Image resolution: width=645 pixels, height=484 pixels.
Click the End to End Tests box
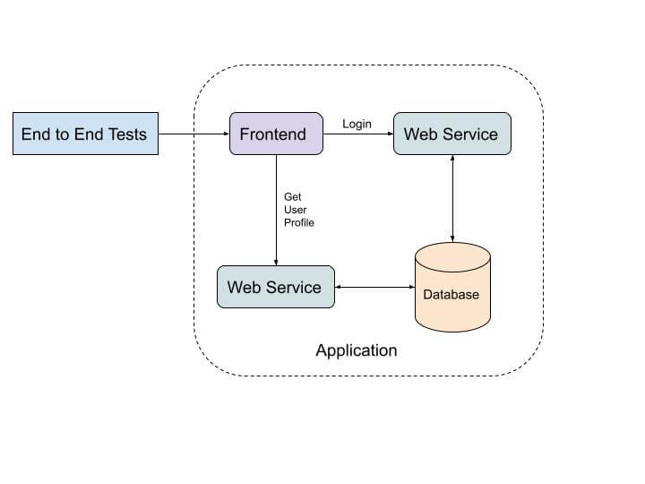click(x=85, y=134)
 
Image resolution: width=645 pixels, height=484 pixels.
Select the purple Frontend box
click(x=276, y=134)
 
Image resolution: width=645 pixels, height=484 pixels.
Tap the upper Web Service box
click(x=451, y=134)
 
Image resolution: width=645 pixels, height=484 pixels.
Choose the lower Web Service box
click(x=275, y=287)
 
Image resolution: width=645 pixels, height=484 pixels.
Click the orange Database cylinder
click(x=452, y=287)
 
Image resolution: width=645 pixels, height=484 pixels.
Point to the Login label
click(x=357, y=124)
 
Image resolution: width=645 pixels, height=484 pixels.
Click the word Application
click(x=356, y=350)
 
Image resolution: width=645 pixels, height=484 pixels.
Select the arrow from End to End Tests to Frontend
click(x=193, y=134)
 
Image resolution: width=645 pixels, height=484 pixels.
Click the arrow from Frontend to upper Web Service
click(x=357, y=134)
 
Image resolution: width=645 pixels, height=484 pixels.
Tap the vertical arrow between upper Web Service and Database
click(x=452, y=198)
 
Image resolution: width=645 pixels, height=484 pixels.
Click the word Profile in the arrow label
click(x=299, y=222)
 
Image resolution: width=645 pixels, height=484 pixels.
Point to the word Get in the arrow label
click(x=292, y=196)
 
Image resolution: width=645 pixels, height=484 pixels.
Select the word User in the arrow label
click(x=295, y=210)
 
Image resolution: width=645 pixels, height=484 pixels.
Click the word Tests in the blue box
click(x=128, y=134)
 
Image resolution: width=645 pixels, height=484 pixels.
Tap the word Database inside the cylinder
click(x=451, y=294)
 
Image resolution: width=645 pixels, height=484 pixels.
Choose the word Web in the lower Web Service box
click(x=244, y=287)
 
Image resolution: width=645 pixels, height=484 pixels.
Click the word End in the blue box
click(x=36, y=134)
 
